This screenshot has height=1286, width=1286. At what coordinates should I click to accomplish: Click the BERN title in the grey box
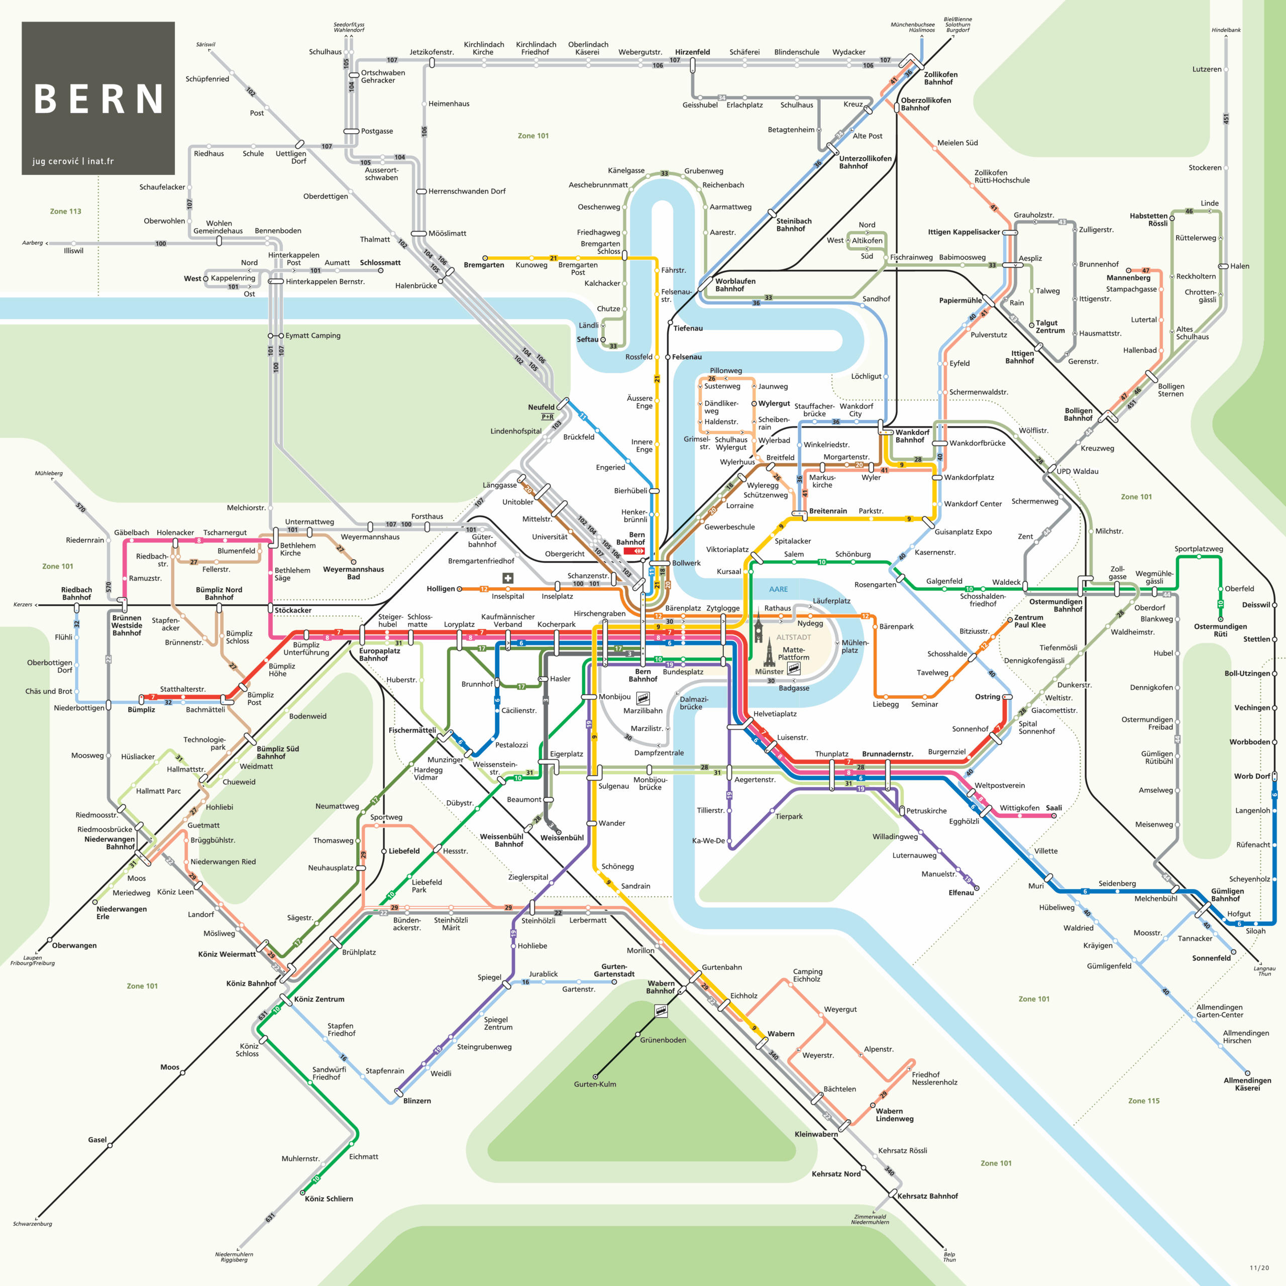pyautogui.click(x=98, y=99)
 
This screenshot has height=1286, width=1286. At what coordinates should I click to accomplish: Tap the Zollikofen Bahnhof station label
pyautogui.click(x=940, y=78)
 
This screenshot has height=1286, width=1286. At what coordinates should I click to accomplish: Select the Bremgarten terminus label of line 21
pyautogui.click(x=484, y=265)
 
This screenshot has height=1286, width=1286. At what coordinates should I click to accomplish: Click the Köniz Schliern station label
pyautogui.click(x=329, y=1199)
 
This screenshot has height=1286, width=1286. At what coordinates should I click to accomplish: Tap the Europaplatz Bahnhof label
pyautogui.click(x=379, y=655)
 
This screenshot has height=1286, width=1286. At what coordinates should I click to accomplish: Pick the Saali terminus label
pyautogui.click(x=1054, y=808)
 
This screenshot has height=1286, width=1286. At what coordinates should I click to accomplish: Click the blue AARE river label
pyautogui.click(x=778, y=589)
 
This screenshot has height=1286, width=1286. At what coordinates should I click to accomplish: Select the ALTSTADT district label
pyautogui.click(x=793, y=637)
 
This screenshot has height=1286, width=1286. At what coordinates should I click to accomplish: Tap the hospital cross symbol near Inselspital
pyautogui.click(x=507, y=578)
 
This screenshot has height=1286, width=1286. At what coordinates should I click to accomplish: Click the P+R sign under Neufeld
pyautogui.click(x=547, y=416)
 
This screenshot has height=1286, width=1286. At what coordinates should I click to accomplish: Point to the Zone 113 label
pyautogui.click(x=65, y=211)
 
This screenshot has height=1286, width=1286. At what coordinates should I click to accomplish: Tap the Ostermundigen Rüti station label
pyautogui.click(x=1220, y=630)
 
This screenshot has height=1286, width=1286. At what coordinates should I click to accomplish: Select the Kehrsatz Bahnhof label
pyautogui.click(x=927, y=1196)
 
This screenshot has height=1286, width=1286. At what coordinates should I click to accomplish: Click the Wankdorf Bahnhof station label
pyautogui.click(x=912, y=436)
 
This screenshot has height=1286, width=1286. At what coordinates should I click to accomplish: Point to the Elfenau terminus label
pyautogui.click(x=960, y=893)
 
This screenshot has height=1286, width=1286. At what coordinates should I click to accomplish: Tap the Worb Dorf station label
pyautogui.click(x=1251, y=776)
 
